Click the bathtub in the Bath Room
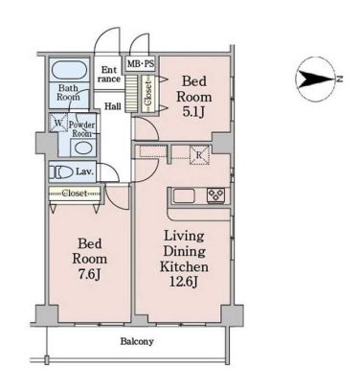(69, 70)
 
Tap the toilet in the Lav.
(61, 172)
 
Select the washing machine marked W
(57, 123)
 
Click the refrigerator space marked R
(199, 155)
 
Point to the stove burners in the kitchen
(216, 194)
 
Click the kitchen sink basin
(186, 194)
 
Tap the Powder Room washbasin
(82, 148)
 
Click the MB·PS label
(141, 64)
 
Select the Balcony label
(137, 342)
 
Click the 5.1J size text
(193, 112)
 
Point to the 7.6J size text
(90, 274)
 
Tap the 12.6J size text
(184, 282)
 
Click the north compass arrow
(315, 80)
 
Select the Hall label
(113, 106)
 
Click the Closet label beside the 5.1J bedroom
(147, 93)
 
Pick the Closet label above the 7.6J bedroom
(74, 194)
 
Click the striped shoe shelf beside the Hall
(130, 94)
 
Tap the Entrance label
(109, 74)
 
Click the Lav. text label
(84, 172)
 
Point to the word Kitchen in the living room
(184, 266)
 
